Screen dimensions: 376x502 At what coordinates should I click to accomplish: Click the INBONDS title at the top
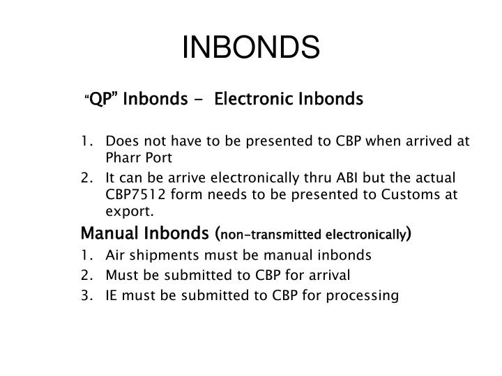coord(251,49)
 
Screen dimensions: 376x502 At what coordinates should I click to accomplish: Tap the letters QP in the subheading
coord(102,100)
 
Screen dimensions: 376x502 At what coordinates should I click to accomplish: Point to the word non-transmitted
coord(268,234)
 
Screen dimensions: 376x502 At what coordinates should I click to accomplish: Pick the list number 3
coord(85,296)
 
